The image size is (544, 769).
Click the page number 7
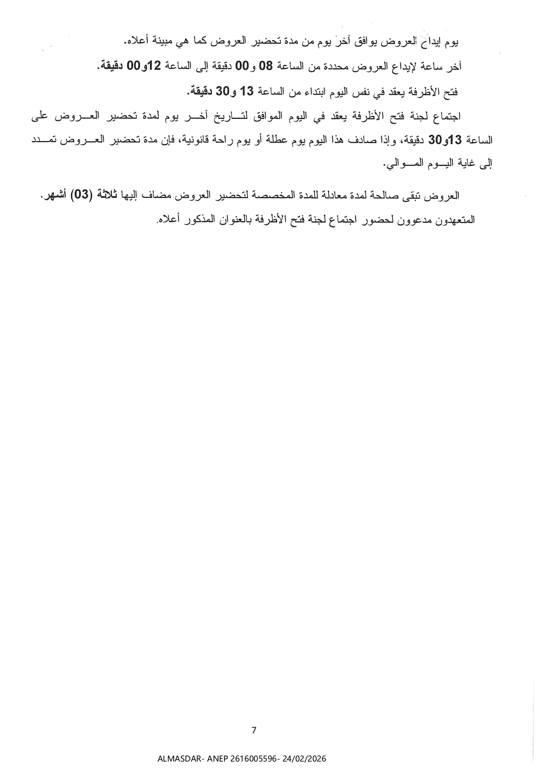(254, 730)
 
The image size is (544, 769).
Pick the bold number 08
(267, 66)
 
